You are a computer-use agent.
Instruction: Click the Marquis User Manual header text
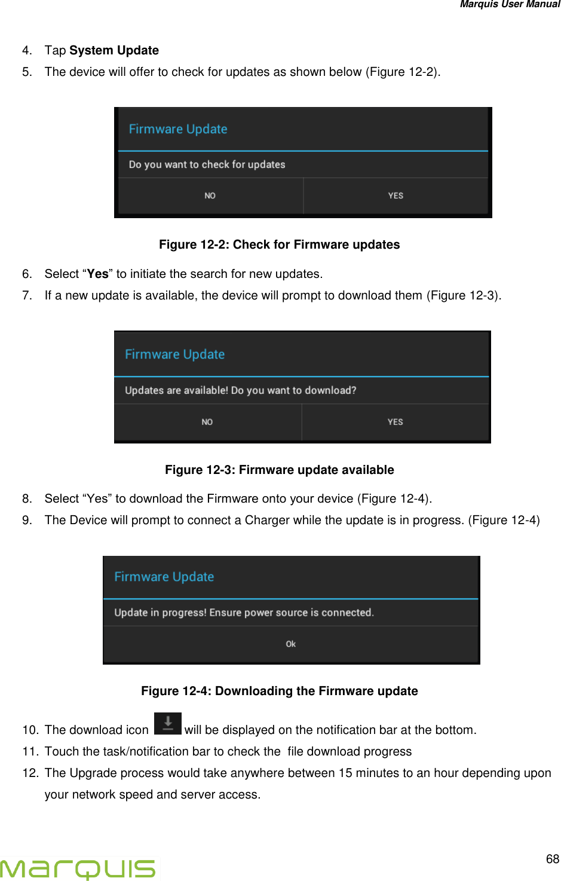pos(510,5)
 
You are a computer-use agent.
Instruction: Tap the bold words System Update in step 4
pos(114,50)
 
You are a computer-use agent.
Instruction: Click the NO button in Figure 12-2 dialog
pos(210,195)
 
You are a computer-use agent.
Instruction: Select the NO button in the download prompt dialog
pos(207,422)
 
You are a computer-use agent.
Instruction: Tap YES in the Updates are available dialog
pos(395,422)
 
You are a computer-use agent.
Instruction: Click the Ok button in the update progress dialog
pos(291,644)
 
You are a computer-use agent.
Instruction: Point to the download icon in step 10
pos(168,724)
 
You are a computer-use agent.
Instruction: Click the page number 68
pos(552,859)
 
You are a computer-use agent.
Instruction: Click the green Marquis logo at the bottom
pos(78,868)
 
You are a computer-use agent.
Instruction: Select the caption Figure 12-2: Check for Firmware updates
pos(279,244)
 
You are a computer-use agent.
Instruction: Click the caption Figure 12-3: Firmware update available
pos(279,470)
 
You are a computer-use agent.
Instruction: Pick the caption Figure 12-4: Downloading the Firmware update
pos(279,691)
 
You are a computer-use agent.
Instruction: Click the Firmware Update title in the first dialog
pos(178,129)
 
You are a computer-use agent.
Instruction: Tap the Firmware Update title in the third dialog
pos(164,577)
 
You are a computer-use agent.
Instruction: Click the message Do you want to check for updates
pos(207,164)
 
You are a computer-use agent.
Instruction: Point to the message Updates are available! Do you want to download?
pos(240,390)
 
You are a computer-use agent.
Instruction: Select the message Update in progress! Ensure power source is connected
pos(244,613)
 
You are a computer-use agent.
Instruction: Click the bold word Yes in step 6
pos(98,274)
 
